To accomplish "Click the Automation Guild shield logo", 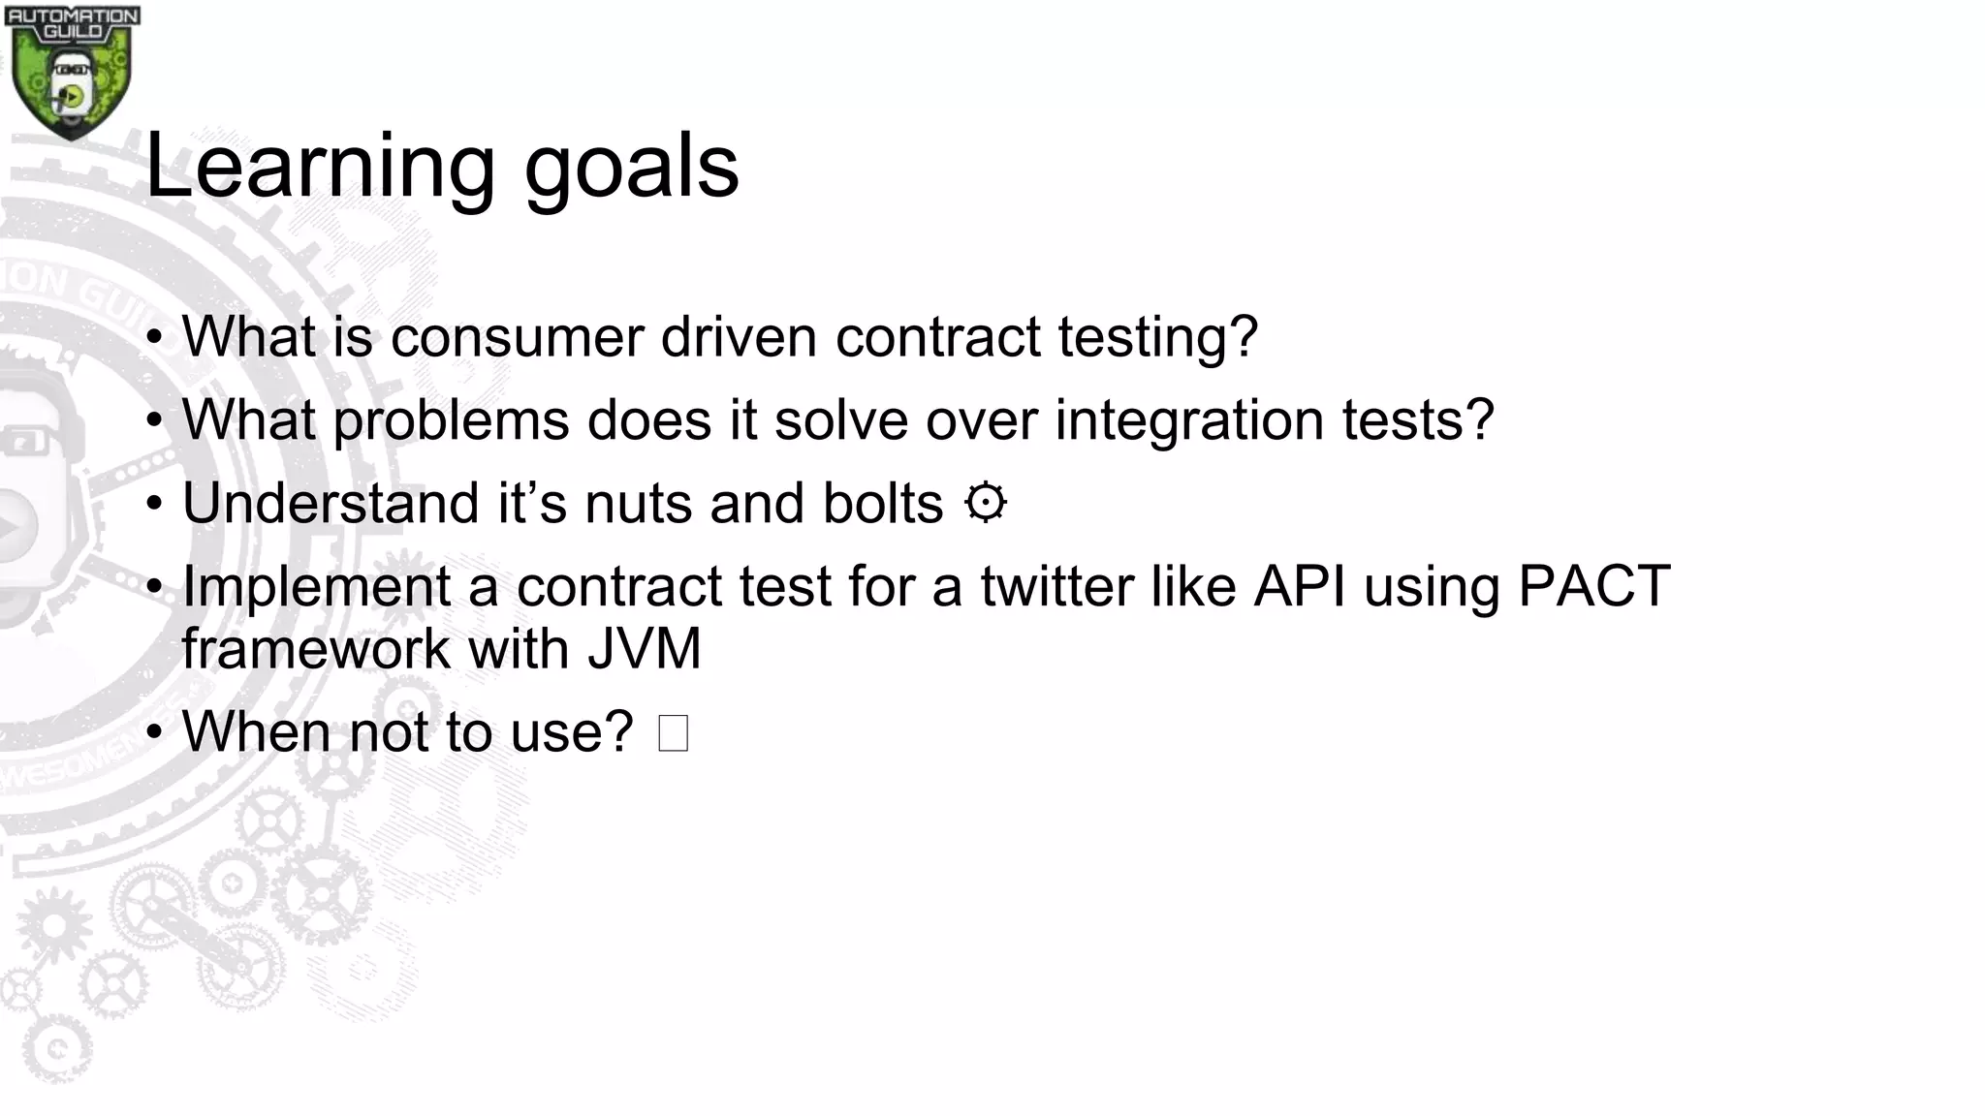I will pos(71,73).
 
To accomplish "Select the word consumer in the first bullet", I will pos(518,337).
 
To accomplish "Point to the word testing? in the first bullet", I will pos(1157,337).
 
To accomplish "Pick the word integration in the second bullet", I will pos(1188,420).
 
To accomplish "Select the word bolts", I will pos(882,504).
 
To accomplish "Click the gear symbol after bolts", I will pos(986,504).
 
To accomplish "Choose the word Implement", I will pos(316,587).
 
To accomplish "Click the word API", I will pos(1299,587).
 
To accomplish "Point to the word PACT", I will pos(1593,587).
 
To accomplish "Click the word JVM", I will pos(644,649).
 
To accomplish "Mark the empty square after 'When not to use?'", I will pos(673,732).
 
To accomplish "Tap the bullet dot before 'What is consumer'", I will pos(154,339).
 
